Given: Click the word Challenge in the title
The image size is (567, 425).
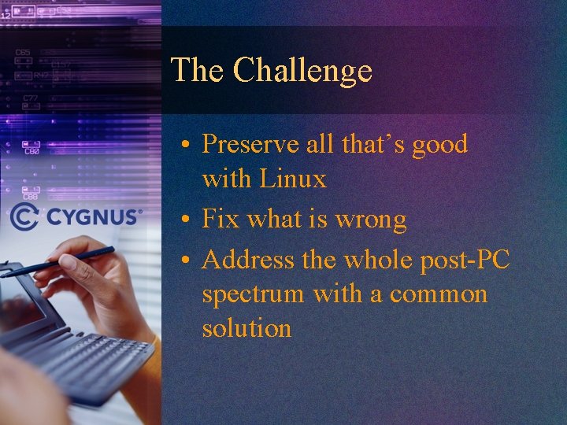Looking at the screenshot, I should click(x=302, y=71).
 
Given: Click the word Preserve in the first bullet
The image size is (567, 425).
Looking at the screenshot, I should click(x=250, y=144).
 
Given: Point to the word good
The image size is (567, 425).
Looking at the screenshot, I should click(x=436, y=144).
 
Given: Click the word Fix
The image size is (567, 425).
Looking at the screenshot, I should click(x=220, y=220).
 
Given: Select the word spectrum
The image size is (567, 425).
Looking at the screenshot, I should click(x=253, y=295).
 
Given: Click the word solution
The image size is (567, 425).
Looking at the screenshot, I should click(x=246, y=328).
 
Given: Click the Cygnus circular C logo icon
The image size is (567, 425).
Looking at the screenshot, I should click(x=24, y=216).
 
